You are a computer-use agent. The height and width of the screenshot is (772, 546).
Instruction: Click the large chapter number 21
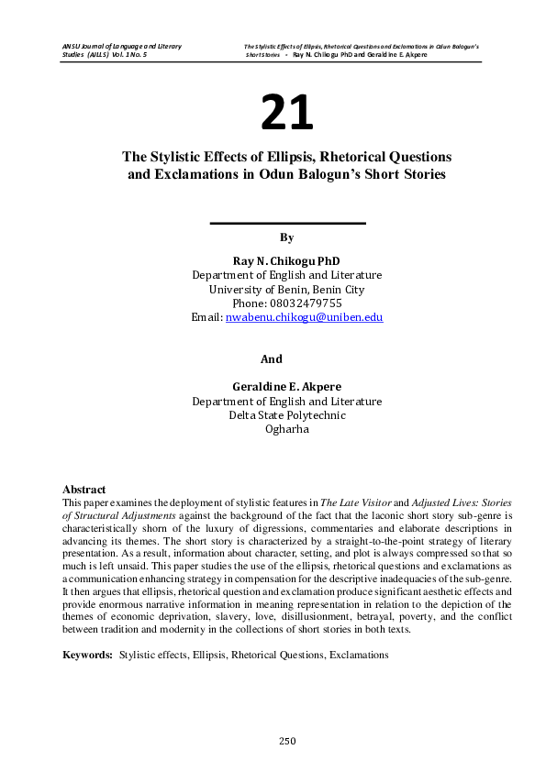click(286, 113)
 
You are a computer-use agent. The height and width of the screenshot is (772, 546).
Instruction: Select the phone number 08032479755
click(308, 303)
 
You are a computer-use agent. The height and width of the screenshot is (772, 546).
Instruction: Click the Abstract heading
click(84, 490)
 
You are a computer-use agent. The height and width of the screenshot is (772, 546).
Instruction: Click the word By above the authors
click(286, 237)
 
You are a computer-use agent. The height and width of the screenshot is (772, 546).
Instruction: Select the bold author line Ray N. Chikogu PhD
click(286, 261)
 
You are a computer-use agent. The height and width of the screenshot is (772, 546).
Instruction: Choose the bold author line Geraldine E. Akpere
click(286, 388)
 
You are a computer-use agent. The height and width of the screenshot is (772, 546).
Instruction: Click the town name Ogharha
click(286, 428)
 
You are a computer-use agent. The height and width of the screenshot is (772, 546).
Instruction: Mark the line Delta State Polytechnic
click(286, 414)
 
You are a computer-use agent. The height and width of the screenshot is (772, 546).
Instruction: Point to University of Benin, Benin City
click(286, 289)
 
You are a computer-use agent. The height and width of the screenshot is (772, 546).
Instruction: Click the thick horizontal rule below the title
click(287, 223)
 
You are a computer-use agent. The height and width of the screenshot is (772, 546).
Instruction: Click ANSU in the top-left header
click(71, 45)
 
